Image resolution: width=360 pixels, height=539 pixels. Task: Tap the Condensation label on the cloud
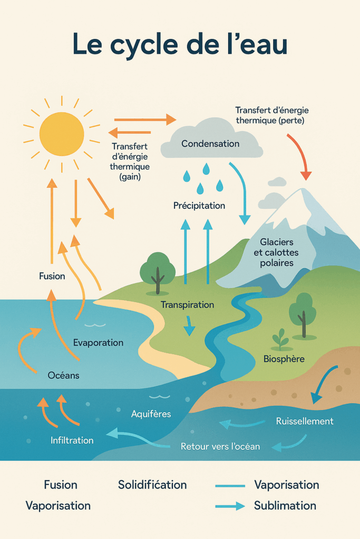point(210,144)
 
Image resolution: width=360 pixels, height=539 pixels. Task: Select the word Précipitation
point(199,206)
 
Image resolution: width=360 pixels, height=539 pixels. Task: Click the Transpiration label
point(187,305)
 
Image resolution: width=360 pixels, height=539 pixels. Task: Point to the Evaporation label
point(98,343)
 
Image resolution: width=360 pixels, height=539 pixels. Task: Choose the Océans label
point(63,375)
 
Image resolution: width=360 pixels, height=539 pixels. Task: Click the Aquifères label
point(151,414)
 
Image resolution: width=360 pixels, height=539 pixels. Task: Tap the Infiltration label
point(72,440)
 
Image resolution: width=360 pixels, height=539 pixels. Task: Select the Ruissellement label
point(305,421)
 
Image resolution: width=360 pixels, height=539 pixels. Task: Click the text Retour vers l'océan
point(220,446)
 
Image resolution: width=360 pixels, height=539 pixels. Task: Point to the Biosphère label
point(284,359)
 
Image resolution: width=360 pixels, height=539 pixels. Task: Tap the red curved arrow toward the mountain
point(299,155)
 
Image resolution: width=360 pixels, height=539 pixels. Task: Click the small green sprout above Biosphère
point(280,340)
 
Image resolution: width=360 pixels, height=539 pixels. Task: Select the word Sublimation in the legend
point(285,506)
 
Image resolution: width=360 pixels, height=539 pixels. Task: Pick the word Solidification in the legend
point(152,485)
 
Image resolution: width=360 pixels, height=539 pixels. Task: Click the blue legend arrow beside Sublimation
point(230,506)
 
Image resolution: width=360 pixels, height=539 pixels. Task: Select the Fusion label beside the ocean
point(52,276)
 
